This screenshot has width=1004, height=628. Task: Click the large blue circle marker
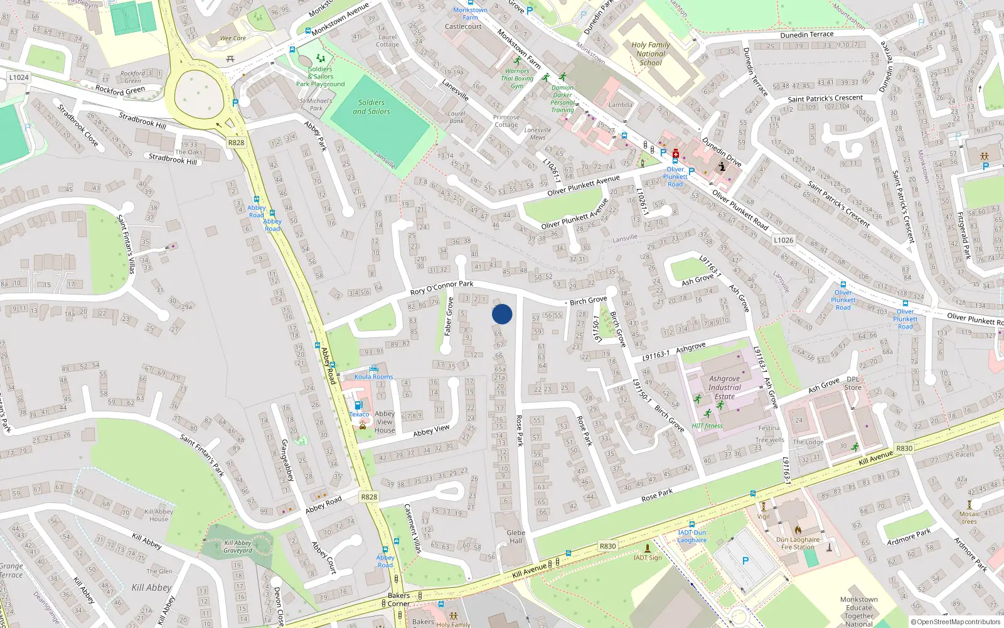pyautogui.click(x=502, y=314)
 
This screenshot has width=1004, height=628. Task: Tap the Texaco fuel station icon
pyautogui.click(x=358, y=405)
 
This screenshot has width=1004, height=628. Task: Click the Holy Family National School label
pyautogui.click(x=650, y=54)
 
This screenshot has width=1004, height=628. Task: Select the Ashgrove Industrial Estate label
pyautogui.click(x=725, y=387)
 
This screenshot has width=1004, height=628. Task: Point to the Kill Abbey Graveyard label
pyautogui.click(x=238, y=546)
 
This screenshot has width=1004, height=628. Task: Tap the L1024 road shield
pyautogui.click(x=19, y=77)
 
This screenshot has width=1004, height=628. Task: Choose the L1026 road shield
pyautogui.click(x=783, y=240)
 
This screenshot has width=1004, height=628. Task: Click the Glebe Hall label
pyautogui.click(x=516, y=536)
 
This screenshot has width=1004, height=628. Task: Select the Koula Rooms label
pyautogui.click(x=373, y=377)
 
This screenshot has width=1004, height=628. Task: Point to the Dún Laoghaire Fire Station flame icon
pyautogui.click(x=798, y=530)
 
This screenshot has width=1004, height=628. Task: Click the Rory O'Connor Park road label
pyautogui.click(x=442, y=288)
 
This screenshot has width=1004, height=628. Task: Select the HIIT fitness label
pyautogui.click(x=707, y=426)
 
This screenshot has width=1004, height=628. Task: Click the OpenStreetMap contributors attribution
pyautogui.click(x=956, y=622)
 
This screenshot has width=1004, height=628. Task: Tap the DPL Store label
pyautogui.click(x=853, y=383)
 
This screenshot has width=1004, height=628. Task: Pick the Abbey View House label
pyautogui.click(x=385, y=422)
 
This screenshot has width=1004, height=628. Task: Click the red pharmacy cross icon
pyautogui.click(x=676, y=153)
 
